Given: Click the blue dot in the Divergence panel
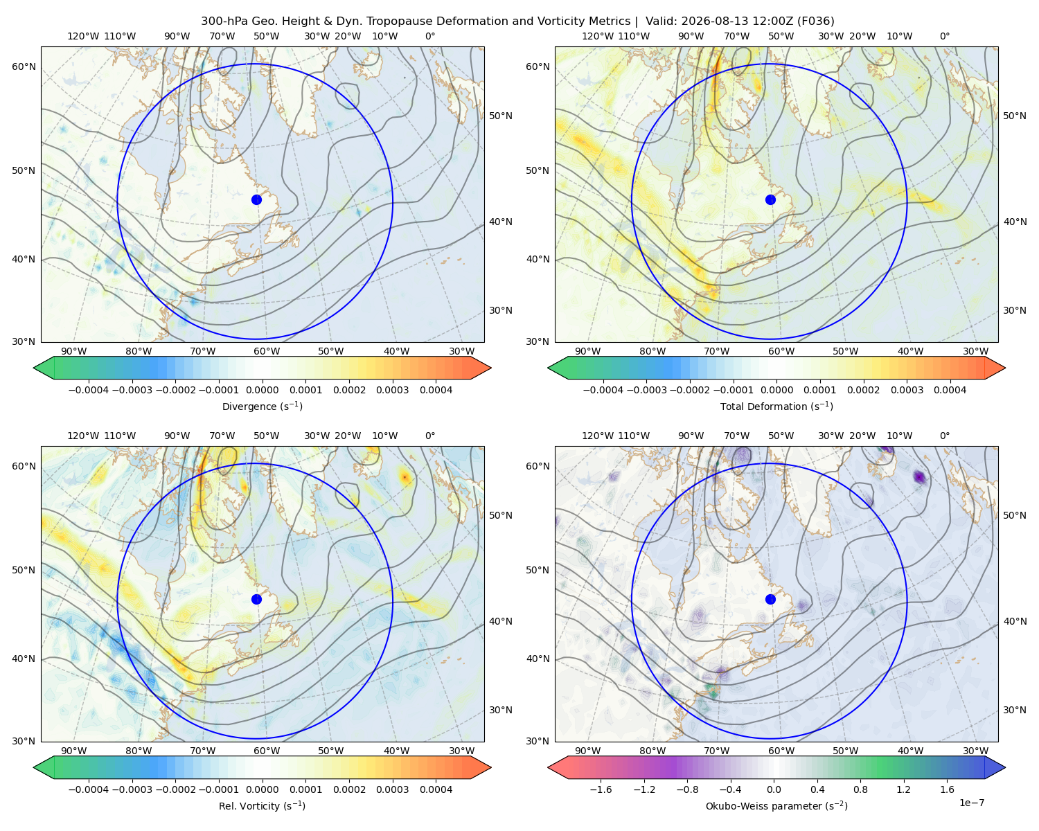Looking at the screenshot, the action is pyautogui.click(x=256, y=200).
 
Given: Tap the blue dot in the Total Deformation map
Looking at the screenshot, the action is pyautogui.click(x=770, y=200).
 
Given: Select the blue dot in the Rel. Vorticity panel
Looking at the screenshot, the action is pyautogui.click(x=256, y=599).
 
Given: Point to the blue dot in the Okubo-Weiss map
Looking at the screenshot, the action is pyautogui.click(x=770, y=599).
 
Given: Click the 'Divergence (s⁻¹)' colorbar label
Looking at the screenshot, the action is pyautogui.click(x=262, y=406).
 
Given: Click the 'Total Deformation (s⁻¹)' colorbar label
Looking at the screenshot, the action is pyautogui.click(x=776, y=406).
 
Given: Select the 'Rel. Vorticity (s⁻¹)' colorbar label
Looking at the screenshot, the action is pyautogui.click(x=262, y=806).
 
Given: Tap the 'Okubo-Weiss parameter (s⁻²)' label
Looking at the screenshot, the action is pyautogui.click(x=776, y=806).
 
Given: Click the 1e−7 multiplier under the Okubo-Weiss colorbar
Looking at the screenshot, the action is pyautogui.click(x=971, y=803).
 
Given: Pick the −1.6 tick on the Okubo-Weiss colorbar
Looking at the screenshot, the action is pyautogui.click(x=601, y=789).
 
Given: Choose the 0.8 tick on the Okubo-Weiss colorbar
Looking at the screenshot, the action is pyautogui.click(x=860, y=789).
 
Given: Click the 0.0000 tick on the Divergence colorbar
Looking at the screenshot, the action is pyautogui.click(x=262, y=390).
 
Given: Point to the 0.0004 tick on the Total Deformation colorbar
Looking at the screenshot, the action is pyautogui.click(x=950, y=390).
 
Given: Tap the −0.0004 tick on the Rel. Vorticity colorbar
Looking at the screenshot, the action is pyautogui.click(x=89, y=789).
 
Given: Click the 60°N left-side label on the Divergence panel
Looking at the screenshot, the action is pyautogui.click(x=24, y=66).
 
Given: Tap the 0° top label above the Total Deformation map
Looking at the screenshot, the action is pyautogui.click(x=944, y=36).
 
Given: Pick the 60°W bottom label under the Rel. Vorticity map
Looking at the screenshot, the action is pyautogui.click(x=267, y=751).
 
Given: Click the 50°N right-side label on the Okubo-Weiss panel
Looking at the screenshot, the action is pyautogui.click(x=1015, y=515).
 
